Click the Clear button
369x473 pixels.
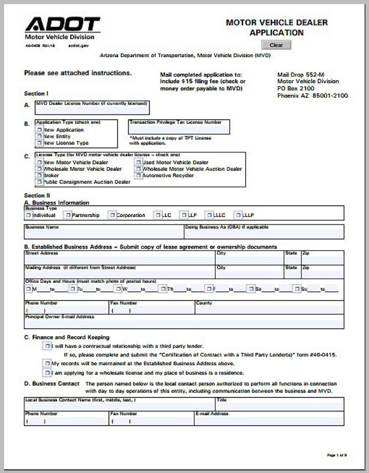[276, 45]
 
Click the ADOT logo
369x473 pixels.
[63, 24]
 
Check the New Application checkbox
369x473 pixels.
[39, 130]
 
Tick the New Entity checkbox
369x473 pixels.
[39, 137]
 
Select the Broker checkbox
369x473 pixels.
[39, 176]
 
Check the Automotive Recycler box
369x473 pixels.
[138, 176]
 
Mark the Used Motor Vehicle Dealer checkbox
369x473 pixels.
[138, 162]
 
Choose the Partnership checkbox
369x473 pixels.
[68, 215]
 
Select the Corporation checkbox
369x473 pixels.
[112, 215]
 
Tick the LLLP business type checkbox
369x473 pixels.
[238, 215]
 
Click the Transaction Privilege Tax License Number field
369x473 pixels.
[179, 129]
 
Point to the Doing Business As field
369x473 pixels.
[263, 234]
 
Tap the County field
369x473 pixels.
[269, 310]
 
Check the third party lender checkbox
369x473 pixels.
[47, 346]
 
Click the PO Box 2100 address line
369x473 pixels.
[296, 88]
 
